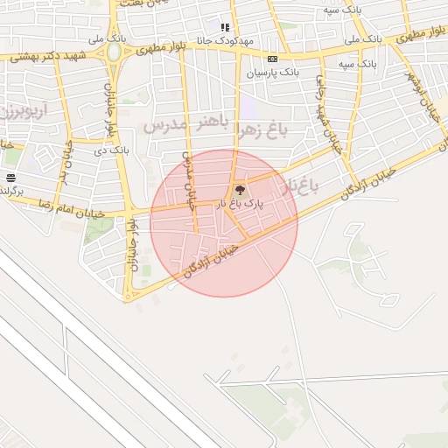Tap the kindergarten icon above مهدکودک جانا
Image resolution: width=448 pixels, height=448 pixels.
[x=225, y=27]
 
